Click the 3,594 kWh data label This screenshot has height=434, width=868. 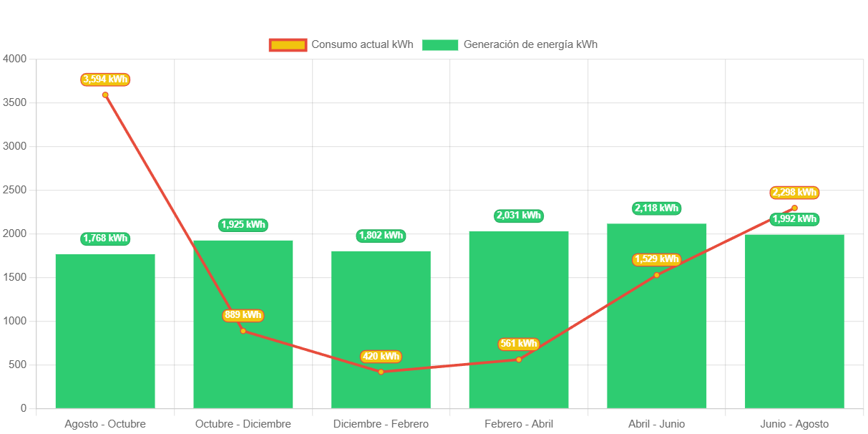coord(105,79)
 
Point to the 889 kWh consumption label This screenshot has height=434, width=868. coord(243,315)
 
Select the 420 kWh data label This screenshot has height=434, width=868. coord(381,357)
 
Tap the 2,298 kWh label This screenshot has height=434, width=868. coord(794,193)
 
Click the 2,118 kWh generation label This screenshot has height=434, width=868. coord(656,208)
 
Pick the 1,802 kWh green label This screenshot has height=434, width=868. coord(381,236)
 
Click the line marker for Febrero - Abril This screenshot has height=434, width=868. coord(519,360)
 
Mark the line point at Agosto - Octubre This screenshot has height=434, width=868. coord(105,95)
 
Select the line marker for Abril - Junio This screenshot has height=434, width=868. coord(656,275)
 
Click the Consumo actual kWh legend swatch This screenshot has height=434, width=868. coord(288,45)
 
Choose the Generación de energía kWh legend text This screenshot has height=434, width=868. coord(530,44)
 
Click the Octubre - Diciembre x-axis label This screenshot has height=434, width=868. coord(243,424)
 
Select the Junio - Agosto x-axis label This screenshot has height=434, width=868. coord(794,424)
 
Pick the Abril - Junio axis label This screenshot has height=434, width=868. coord(656,424)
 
